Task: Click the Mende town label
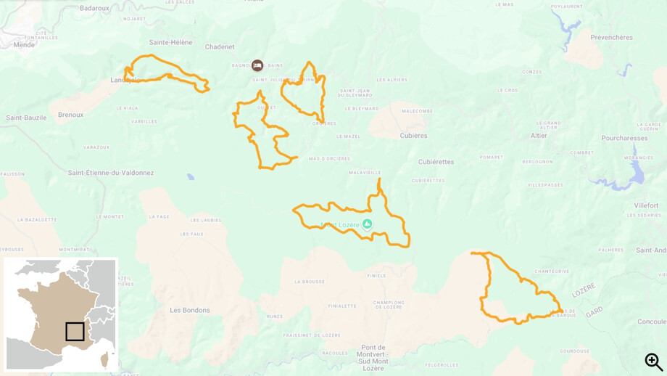pos(24,44)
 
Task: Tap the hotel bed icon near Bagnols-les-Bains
pos(257,65)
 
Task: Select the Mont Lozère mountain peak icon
pos(367,224)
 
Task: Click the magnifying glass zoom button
pos(653,361)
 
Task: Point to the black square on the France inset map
pos(75,332)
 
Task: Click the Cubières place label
pos(413,136)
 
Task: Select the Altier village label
pos(539,136)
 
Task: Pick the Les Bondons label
pos(190,310)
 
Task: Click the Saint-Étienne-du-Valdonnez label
pos(111,173)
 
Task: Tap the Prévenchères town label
pos(611,37)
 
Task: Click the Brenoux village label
pos(71,115)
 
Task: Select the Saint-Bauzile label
pos(26,118)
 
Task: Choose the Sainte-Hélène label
pos(171,42)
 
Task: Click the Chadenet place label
pos(220,47)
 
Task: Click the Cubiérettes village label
pos(436,162)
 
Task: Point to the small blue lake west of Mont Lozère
pos(190,176)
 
